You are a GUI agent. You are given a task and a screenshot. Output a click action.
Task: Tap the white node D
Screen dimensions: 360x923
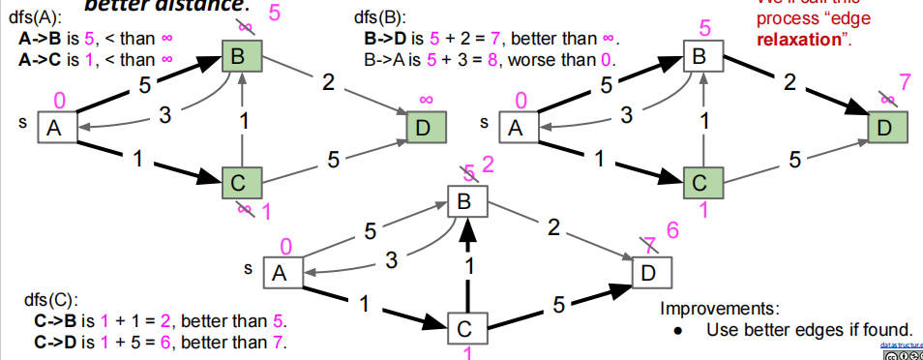pos(650,271)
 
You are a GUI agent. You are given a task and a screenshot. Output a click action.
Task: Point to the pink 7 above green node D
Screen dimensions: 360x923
pos(904,80)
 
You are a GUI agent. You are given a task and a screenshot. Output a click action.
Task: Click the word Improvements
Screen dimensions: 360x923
pos(717,309)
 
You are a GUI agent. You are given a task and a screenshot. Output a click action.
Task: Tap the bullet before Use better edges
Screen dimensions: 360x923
pos(678,330)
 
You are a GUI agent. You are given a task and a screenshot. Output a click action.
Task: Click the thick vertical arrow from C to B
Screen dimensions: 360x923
pos(467,261)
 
